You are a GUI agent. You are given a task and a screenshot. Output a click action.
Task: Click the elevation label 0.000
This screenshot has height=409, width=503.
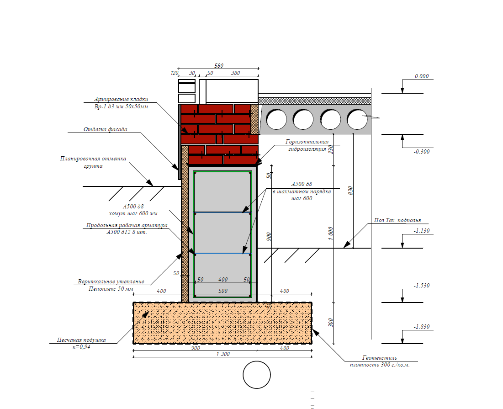coord(422,76)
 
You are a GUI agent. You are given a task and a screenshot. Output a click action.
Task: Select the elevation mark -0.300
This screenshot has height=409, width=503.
coord(422,151)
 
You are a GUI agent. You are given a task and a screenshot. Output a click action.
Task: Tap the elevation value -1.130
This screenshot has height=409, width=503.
coord(422,231)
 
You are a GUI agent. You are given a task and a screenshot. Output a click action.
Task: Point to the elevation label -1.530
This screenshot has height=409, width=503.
coord(422,286)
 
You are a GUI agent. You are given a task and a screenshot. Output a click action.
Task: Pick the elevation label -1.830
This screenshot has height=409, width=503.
coord(422,327)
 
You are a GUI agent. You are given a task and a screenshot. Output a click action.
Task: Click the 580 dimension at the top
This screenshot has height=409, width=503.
coord(219,66)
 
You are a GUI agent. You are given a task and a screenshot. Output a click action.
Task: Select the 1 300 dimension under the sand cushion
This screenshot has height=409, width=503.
coord(223,354)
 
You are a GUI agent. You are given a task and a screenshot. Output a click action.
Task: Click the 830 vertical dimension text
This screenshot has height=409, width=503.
coord(350,191)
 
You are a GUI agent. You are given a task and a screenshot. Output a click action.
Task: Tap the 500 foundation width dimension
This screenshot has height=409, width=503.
coord(223,291)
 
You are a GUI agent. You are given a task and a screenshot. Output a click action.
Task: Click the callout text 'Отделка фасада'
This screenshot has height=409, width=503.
coord(105,129)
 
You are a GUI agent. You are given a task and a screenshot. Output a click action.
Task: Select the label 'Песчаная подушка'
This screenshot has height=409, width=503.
coord(81,340)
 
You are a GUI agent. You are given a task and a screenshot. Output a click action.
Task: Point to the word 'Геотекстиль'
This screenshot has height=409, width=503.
coord(380,358)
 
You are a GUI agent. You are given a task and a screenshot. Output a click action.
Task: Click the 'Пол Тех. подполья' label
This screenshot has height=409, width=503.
coord(397,220)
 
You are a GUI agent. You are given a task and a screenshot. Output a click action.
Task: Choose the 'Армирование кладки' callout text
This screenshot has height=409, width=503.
coord(121,99)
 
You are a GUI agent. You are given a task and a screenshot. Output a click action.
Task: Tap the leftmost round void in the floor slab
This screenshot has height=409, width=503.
coord(276,119)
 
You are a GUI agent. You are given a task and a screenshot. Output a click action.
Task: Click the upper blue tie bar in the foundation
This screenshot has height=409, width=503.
coord(222,212)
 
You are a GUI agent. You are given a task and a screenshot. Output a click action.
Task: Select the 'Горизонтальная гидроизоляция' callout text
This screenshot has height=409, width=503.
coord(307,145)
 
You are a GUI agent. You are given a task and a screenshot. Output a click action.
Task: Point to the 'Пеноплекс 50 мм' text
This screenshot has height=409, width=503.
coord(111,289)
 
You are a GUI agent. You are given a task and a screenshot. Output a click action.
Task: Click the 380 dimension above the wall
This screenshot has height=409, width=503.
coord(235,73)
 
